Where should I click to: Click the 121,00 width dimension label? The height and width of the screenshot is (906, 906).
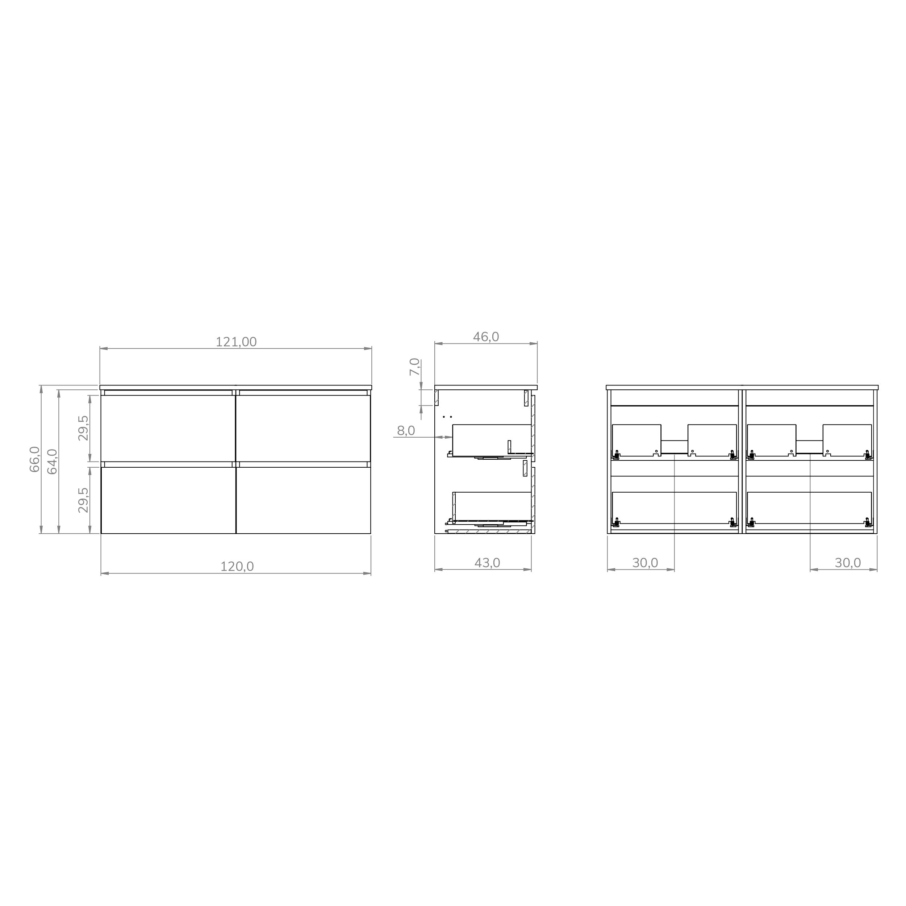[x=236, y=342]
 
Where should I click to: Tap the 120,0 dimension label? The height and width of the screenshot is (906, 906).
[x=237, y=567]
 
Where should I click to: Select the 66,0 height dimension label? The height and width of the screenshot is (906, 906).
[x=35, y=459]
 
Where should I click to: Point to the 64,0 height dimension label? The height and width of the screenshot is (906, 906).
[x=52, y=462]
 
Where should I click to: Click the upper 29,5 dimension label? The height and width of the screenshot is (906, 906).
[x=83, y=428]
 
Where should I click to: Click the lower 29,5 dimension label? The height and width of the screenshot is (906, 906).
[x=83, y=500]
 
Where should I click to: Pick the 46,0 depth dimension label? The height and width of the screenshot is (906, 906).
[x=486, y=337]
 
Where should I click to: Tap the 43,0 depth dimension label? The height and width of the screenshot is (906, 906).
[x=487, y=563]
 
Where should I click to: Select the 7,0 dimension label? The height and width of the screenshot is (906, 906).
[x=414, y=367]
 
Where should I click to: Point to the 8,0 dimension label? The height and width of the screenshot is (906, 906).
[x=406, y=430]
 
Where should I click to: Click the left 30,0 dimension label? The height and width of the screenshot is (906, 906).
[x=645, y=563]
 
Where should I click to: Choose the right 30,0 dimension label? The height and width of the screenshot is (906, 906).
[x=847, y=563]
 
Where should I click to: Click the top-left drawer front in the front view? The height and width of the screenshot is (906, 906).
[x=168, y=428]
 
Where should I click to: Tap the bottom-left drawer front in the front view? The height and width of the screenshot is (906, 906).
[x=168, y=500]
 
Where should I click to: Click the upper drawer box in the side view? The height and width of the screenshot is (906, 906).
[x=491, y=440]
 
